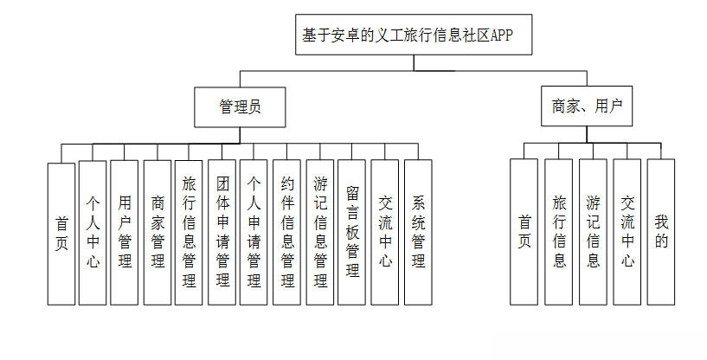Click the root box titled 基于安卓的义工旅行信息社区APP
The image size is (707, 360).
414,35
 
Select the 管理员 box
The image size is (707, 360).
240,107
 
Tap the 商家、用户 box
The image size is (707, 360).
587,106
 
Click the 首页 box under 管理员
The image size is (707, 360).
61,235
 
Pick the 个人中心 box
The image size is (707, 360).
93,233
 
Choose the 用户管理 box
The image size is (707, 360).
125,233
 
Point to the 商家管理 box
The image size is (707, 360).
157,233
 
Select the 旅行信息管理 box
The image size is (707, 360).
189,233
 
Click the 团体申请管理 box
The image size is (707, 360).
222,232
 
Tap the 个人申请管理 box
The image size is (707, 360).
254,232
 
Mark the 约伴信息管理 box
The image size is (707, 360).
286,232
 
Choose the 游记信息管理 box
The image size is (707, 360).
320,232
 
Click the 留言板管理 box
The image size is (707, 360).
351,232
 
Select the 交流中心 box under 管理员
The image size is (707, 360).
385,232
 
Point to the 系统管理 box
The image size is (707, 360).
419,232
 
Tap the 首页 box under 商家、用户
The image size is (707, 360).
524,232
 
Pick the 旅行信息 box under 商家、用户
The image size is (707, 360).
559,232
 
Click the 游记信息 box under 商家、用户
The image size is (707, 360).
593,232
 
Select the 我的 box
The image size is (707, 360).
661,232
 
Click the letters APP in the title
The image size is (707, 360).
502,35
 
